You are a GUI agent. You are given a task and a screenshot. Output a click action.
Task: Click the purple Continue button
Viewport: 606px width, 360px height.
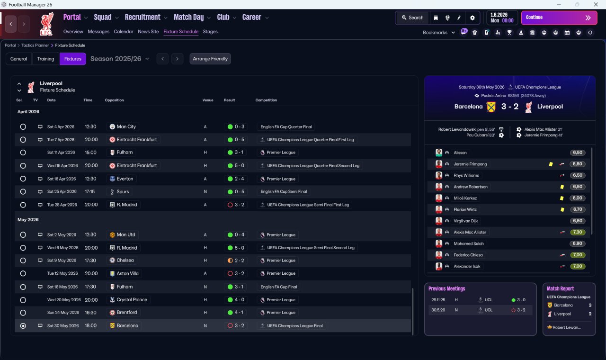tap(559, 18)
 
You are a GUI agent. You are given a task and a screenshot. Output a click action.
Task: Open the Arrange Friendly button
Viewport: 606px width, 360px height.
tap(210, 59)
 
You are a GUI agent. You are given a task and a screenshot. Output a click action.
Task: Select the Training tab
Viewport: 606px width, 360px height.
tap(45, 59)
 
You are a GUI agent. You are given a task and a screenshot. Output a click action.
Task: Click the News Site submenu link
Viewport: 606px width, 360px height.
tap(148, 32)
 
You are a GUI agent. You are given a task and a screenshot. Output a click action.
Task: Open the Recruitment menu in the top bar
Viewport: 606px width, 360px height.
tap(145, 18)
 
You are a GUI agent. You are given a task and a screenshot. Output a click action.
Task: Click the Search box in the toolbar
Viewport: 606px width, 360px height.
tap(412, 18)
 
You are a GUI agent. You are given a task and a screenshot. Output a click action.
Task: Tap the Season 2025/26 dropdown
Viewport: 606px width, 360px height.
tap(119, 59)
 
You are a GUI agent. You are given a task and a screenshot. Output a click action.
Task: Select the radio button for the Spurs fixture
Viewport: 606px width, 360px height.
tap(23, 192)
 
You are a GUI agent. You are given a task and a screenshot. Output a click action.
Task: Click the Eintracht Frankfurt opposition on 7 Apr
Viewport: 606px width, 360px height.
tap(136, 140)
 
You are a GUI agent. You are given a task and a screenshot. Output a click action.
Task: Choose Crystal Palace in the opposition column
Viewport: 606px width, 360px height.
tap(132, 300)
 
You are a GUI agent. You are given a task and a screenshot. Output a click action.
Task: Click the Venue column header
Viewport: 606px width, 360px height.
tap(208, 100)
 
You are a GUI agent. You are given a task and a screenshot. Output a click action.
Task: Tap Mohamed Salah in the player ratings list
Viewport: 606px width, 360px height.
tap(469, 243)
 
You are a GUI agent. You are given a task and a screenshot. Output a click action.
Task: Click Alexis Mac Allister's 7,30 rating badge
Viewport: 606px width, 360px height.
tap(578, 232)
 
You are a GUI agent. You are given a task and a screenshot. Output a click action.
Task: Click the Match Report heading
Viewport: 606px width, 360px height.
tap(560, 288)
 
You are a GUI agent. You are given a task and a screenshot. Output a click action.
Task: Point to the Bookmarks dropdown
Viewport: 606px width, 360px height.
tap(438, 33)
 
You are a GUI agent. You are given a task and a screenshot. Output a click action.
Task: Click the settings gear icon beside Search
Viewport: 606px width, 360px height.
tap(472, 18)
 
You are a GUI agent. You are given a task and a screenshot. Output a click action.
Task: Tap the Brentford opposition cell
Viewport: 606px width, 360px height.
tap(126, 313)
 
